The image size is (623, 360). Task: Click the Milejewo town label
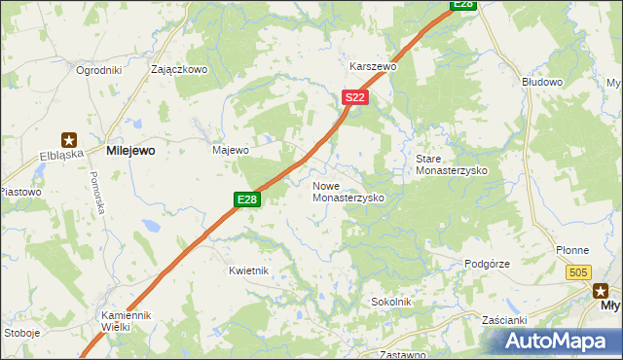[130, 151]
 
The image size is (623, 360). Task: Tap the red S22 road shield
[355, 98]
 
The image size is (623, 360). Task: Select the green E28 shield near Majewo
[247, 199]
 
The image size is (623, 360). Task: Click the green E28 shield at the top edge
[463, 5]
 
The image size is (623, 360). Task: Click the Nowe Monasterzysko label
[348, 191]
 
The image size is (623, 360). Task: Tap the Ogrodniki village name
[97, 70]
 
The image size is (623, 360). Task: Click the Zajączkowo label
[180, 70]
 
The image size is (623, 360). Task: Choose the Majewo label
[231, 151]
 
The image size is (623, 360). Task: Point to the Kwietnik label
[248, 270]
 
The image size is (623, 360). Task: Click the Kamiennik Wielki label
[128, 321]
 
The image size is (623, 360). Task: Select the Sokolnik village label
[391, 303]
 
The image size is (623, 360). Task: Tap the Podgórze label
[487, 264]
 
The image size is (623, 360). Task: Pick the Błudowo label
[542, 83]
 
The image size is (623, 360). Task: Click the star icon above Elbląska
[70, 138]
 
